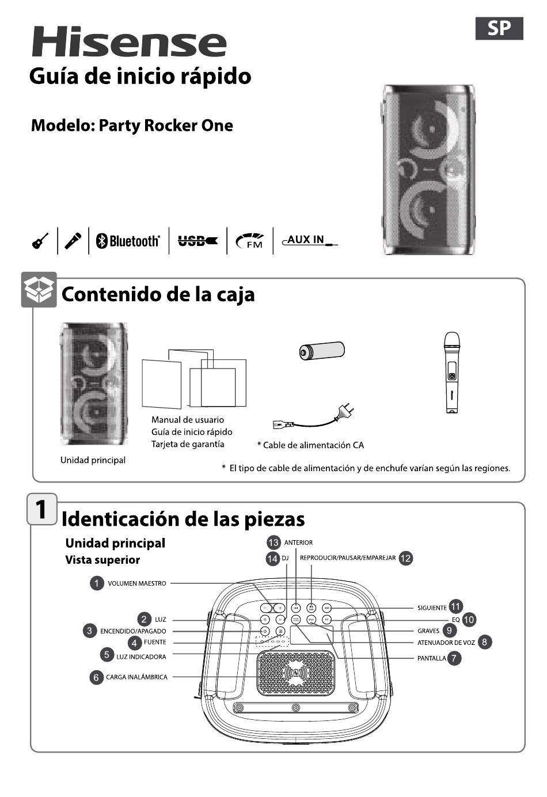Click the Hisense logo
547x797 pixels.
click(x=129, y=42)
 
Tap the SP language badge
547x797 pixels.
click(x=499, y=28)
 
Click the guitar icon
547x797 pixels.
click(x=40, y=241)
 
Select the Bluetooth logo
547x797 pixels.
click(x=128, y=241)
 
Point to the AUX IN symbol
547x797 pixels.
click(x=310, y=240)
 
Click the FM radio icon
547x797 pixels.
click(x=250, y=241)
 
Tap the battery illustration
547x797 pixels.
click(x=321, y=350)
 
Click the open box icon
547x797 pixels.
click(x=39, y=289)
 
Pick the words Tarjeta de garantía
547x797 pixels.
click(x=188, y=444)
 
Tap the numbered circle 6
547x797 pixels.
click(x=96, y=677)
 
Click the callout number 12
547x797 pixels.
click(x=406, y=558)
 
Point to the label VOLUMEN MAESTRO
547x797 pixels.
click(x=137, y=583)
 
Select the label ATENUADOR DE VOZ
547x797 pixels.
click(x=446, y=643)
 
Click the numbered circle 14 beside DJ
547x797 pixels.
click(x=272, y=558)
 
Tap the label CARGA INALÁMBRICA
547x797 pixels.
click(x=136, y=677)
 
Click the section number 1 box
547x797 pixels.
click(x=42, y=509)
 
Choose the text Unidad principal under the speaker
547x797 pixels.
click(x=93, y=460)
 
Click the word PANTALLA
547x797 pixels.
click(x=431, y=658)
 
